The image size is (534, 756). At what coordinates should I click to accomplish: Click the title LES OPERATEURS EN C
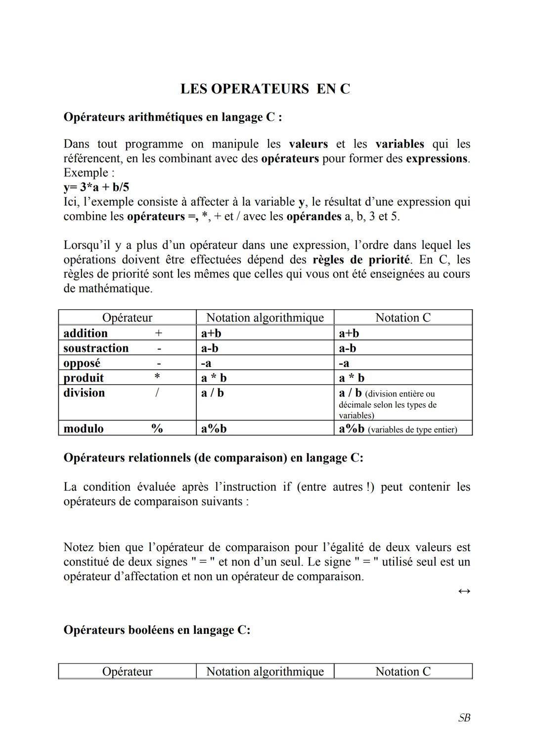(265, 89)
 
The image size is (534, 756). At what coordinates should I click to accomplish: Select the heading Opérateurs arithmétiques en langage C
(173, 117)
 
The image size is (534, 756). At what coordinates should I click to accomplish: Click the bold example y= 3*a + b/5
(96, 188)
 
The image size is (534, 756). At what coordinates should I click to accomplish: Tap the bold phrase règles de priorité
(361, 260)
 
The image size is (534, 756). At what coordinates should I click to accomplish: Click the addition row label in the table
(86, 333)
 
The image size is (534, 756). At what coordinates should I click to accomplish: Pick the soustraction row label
(96, 348)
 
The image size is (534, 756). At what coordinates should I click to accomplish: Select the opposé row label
(82, 363)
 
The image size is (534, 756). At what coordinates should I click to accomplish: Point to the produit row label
(84, 378)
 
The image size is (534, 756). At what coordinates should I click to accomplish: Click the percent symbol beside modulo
(157, 428)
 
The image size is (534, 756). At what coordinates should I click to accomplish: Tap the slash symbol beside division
(157, 393)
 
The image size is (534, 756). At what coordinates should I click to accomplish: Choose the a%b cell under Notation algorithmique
(214, 428)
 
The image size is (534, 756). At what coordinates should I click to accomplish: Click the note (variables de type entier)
(412, 429)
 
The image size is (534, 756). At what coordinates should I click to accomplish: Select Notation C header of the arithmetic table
(403, 318)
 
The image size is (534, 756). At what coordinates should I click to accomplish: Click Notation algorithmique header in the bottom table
(265, 671)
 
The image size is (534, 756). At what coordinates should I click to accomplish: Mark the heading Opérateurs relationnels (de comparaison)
(213, 458)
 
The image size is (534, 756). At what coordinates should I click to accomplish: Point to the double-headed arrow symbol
(464, 591)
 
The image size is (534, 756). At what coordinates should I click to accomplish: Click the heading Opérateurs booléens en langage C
(157, 630)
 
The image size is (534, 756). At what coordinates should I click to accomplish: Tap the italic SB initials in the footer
(464, 718)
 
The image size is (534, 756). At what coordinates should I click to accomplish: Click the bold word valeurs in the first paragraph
(308, 144)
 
